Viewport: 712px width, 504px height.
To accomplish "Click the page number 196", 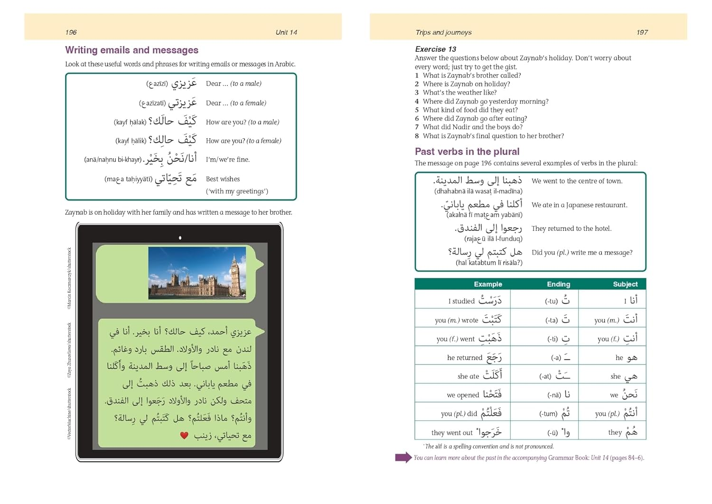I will [71, 32].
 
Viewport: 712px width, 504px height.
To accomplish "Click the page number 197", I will [642, 32].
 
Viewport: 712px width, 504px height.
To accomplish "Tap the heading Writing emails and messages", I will [131, 50].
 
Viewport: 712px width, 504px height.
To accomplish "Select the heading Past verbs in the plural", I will [467, 152].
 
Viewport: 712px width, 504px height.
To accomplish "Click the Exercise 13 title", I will [435, 49].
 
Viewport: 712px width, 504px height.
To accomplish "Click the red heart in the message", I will [184, 435].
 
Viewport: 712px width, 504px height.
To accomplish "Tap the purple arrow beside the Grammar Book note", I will [403, 457].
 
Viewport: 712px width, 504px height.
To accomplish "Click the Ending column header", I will [558, 284].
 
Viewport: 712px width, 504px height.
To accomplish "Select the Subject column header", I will [625, 284].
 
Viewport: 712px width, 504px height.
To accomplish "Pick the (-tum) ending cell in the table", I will [554, 413].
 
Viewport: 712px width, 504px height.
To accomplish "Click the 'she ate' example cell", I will [479, 375].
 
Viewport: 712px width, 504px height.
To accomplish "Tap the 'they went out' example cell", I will [466, 432].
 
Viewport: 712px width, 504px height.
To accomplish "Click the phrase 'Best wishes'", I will [223, 179].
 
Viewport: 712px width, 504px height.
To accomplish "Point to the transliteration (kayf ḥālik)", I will [131, 141].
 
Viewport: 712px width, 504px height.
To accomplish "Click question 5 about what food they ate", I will [470, 110].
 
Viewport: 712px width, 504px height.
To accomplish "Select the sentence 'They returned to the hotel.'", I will [571, 228].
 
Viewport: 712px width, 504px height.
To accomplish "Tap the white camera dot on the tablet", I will [180, 238].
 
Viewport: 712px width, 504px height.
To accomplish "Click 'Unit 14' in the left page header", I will [286, 32].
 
